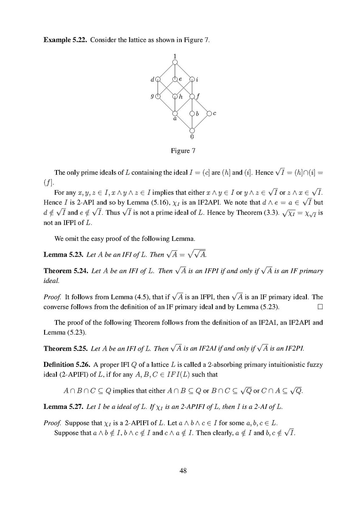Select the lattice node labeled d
(158, 79)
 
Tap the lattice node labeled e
(175, 79)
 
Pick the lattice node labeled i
(192, 79)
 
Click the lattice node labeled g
(158, 96)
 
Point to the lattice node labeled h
(175, 96)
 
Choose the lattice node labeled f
(192, 96)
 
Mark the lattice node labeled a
(175, 113)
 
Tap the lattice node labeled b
(192, 113)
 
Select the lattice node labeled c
(209, 113)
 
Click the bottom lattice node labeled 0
(192, 130)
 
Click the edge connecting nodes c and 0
(200, 122)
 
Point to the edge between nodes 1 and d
(166, 70)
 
